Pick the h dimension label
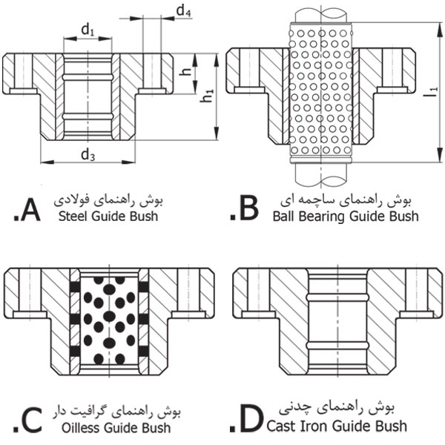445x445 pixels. pos(185,72)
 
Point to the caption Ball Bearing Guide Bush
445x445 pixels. pos(345,217)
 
